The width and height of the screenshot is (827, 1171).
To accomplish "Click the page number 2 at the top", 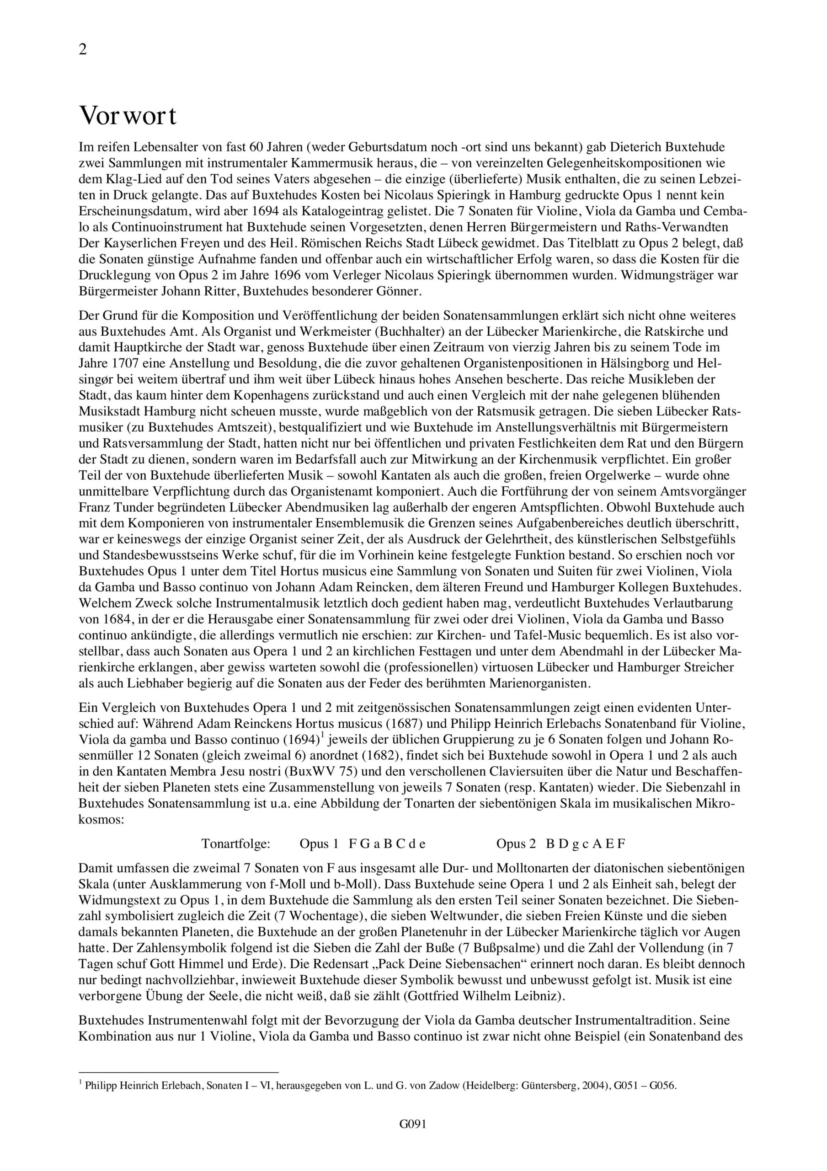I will coord(83,50).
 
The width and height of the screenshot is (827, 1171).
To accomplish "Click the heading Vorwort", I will coord(128,116).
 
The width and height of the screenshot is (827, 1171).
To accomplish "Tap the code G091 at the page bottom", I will coord(413,1139).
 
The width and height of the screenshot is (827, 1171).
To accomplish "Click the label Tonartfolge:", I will coord(235,844).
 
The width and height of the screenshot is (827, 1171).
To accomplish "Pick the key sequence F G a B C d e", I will coord(387,844).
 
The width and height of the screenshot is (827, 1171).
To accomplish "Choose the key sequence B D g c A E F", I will coord(585,844).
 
